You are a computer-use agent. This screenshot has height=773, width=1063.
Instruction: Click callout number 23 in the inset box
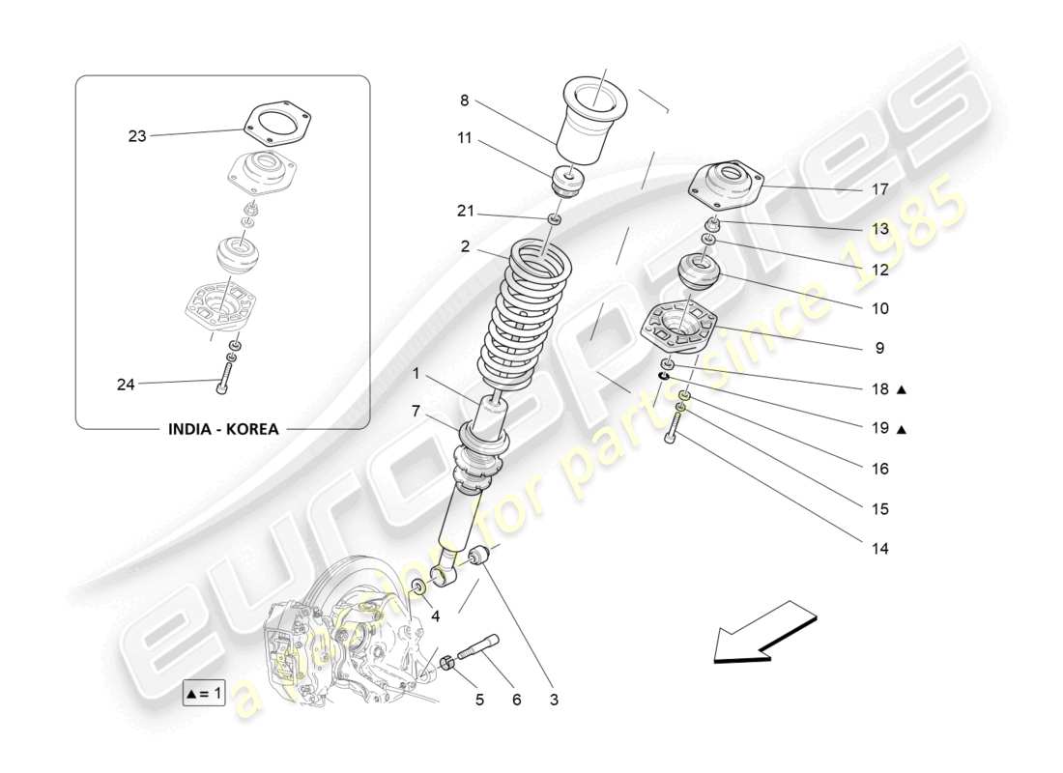[137, 136]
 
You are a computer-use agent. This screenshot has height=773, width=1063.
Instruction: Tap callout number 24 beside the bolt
[126, 385]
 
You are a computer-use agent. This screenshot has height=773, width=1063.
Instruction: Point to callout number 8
[464, 100]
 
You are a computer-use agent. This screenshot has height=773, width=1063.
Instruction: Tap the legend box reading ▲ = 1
[203, 692]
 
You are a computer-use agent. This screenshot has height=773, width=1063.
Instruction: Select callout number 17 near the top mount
[878, 189]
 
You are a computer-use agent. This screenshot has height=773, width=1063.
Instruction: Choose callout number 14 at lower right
[878, 548]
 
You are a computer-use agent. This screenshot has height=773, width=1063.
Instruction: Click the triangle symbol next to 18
[901, 389]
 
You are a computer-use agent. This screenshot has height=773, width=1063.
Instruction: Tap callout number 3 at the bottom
[554, 700]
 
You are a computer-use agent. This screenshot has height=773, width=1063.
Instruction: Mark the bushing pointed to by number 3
[479, 558]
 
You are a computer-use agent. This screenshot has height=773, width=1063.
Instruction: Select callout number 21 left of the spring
[467, 212]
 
